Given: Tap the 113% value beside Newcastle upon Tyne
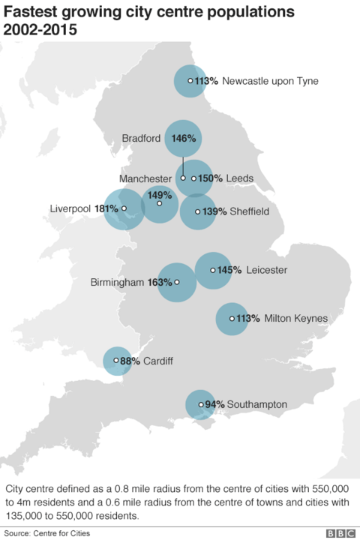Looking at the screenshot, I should tap(206, 80).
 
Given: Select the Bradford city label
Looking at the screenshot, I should tap(141, 138).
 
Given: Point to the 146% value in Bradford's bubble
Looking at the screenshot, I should tap(184, 138).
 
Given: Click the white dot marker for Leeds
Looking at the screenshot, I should tap(193, 178).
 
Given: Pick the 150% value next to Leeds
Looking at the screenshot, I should tap(211, 178).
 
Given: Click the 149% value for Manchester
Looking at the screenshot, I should tap(159, 194).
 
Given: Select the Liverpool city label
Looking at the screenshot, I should tap(70, 208).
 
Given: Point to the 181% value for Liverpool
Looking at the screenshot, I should tap(106, 208).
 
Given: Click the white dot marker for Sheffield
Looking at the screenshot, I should tap(197, 211).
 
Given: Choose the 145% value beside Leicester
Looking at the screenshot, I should tap(229, 269).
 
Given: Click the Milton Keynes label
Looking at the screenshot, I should tap(296, 319).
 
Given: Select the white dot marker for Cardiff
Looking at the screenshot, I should tap(115, 360).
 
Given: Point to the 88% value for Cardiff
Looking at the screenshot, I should tap(130, 361).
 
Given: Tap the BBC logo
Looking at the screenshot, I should tap(340, 532).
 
